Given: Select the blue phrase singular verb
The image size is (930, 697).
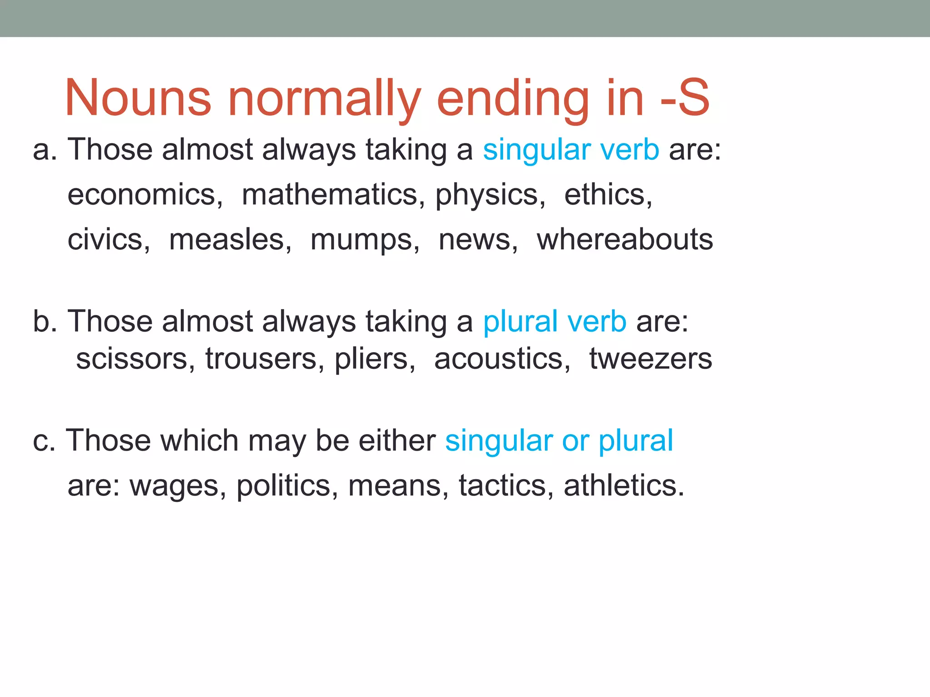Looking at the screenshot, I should [x=571, y=150].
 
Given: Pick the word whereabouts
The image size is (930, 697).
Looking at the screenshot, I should [x=625, y=240].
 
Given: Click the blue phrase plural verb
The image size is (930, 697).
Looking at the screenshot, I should [x=554, y=322].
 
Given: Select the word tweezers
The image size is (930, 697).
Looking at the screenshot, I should [x=650, y=359].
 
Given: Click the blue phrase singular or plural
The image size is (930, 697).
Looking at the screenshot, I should [x=559, y=441].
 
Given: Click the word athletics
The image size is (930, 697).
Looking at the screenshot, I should [x=623, y=486].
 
